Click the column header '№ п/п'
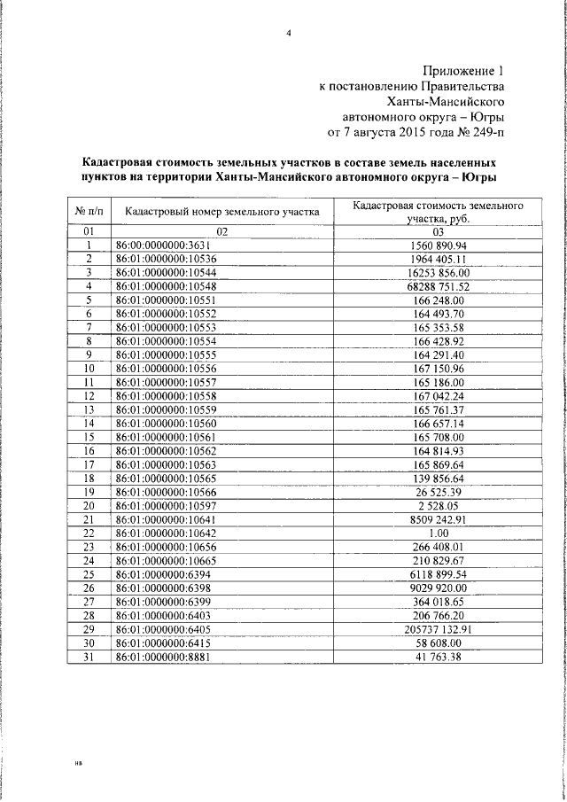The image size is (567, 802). coord(89,211)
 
